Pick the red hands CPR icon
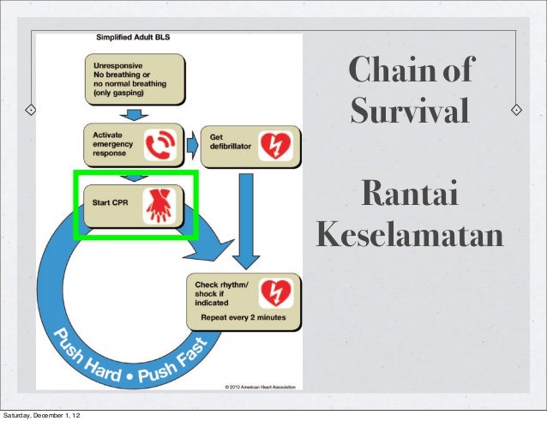159,205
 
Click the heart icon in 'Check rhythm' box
275,292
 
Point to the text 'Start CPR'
111,203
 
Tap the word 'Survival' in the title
410,111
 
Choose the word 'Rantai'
409,195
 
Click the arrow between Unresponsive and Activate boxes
134,113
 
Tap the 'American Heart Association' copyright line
260,387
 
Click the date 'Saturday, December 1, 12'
42,415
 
